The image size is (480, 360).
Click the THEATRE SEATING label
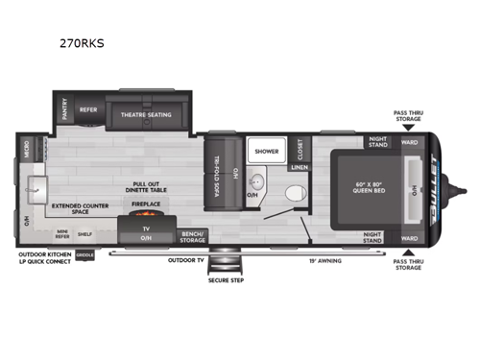(146, 113)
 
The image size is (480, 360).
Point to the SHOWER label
(266, 150)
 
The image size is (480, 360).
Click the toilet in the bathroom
(294, 192)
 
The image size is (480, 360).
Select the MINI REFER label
(61, 233)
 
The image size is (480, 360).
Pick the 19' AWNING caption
(323, 259)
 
